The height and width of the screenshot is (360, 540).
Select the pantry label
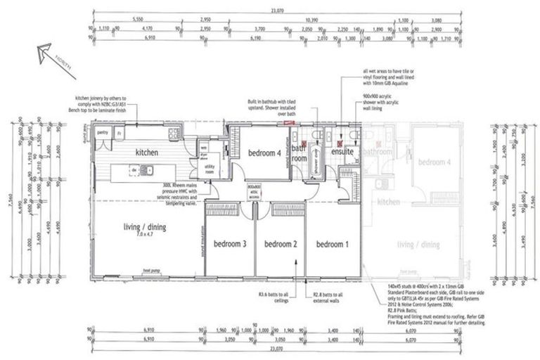coord(103,132)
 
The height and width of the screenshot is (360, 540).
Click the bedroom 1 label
coord(333,244)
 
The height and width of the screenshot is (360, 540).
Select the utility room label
coord(209,169)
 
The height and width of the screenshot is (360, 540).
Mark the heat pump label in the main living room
coord(153,271)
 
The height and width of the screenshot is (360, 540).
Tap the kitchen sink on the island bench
coord(148,169)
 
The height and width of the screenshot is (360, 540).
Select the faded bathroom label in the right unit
coord(378,151)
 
